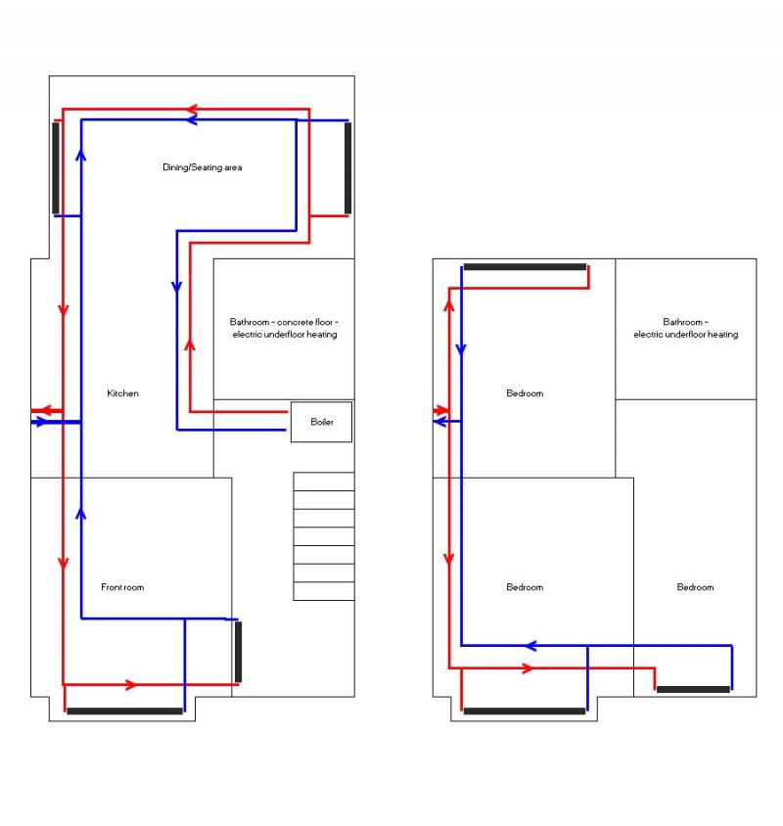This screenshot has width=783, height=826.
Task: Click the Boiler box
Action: click(x=321, y=423)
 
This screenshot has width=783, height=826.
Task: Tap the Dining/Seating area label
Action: click(x=202, y=167)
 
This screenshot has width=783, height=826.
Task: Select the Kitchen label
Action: click(x=122, y=393)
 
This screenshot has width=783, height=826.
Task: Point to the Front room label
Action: click(x=122, y=587)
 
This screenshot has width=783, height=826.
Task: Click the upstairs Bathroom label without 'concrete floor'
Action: click(x=685, y=328)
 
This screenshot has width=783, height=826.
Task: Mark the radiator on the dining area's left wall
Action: click(x=56, y=167)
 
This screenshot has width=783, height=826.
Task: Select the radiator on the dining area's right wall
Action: click(x=347, y=167)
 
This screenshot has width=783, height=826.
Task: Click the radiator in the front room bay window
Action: click(x=124, y=711)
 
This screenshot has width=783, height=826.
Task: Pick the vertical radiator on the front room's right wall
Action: click(x=238, y=652)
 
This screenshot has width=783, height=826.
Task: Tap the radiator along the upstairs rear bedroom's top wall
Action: click(x=525, y=267)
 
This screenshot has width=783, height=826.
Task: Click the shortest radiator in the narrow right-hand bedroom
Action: click(x=693, y=690)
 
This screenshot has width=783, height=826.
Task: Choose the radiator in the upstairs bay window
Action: click(x=524, y=711)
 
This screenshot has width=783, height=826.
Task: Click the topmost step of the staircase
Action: click(x=324, y=482)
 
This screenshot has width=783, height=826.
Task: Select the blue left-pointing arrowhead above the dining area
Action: click(x=193, y=119)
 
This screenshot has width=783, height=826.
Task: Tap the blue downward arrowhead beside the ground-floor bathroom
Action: click(x=176, y=288)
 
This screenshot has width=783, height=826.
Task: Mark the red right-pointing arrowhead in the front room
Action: click(x=131, y=684)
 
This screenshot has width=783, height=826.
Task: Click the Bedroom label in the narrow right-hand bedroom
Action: click(x=695, y=587)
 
